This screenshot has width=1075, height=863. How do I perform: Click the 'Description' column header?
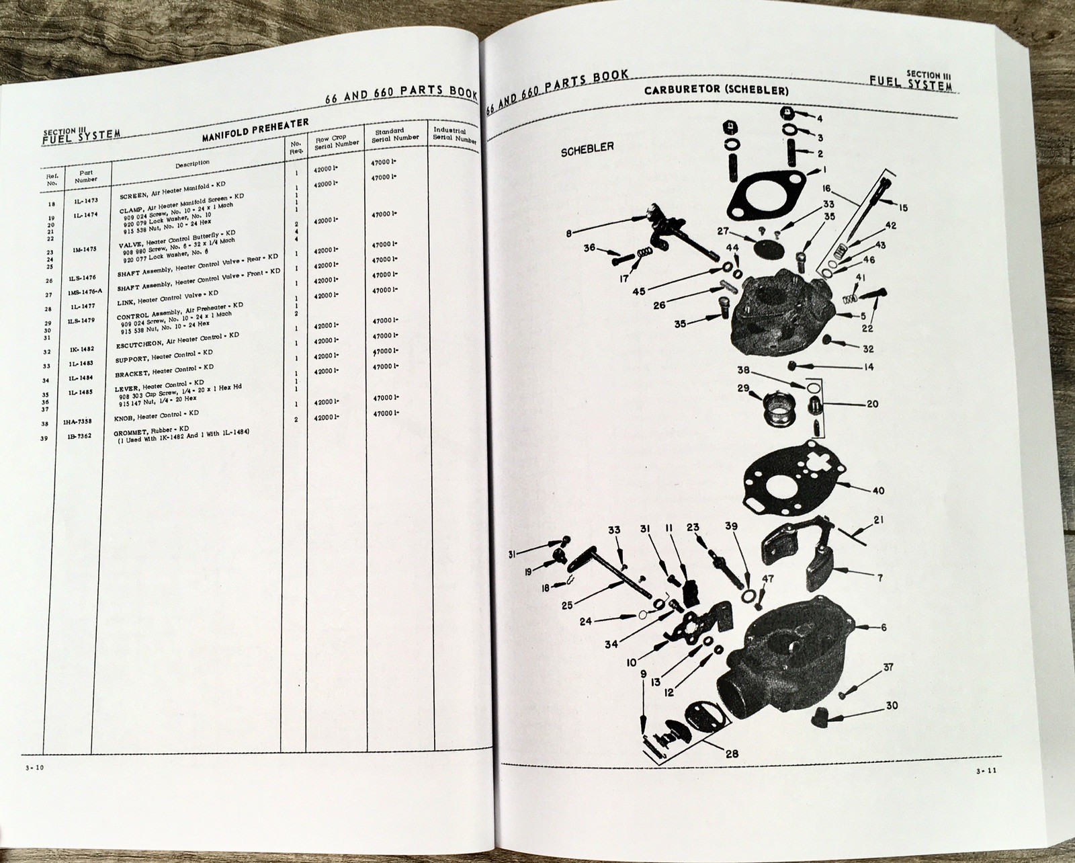pos(192,163)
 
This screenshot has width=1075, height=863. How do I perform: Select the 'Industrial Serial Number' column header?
pos(455,134)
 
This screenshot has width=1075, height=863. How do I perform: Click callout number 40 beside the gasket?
pos(878,491)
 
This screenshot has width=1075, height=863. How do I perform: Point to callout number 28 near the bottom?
pos(732,754)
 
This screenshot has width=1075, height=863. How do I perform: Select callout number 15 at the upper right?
pos(902,208)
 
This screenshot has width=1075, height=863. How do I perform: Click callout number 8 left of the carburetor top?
pos(569,234)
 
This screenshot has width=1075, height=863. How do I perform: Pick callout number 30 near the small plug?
pos(892,706)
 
